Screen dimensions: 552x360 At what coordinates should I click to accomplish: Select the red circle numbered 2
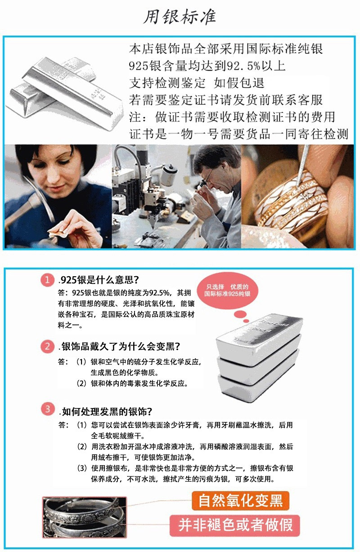point(48,346)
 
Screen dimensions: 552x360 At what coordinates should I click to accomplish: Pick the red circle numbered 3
point(48,410)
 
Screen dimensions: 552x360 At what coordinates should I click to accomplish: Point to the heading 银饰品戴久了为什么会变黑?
point(120,347)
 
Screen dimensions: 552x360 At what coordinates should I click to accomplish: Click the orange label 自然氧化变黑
point(240,500)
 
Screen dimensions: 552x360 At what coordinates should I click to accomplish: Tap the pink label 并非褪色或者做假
point(235,525)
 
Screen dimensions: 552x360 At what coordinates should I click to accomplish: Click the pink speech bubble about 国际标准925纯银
point(228,290)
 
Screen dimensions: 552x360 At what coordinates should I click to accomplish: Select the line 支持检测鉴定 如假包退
point(196,83)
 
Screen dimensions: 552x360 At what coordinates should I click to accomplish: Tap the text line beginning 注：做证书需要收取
point(232,117)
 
